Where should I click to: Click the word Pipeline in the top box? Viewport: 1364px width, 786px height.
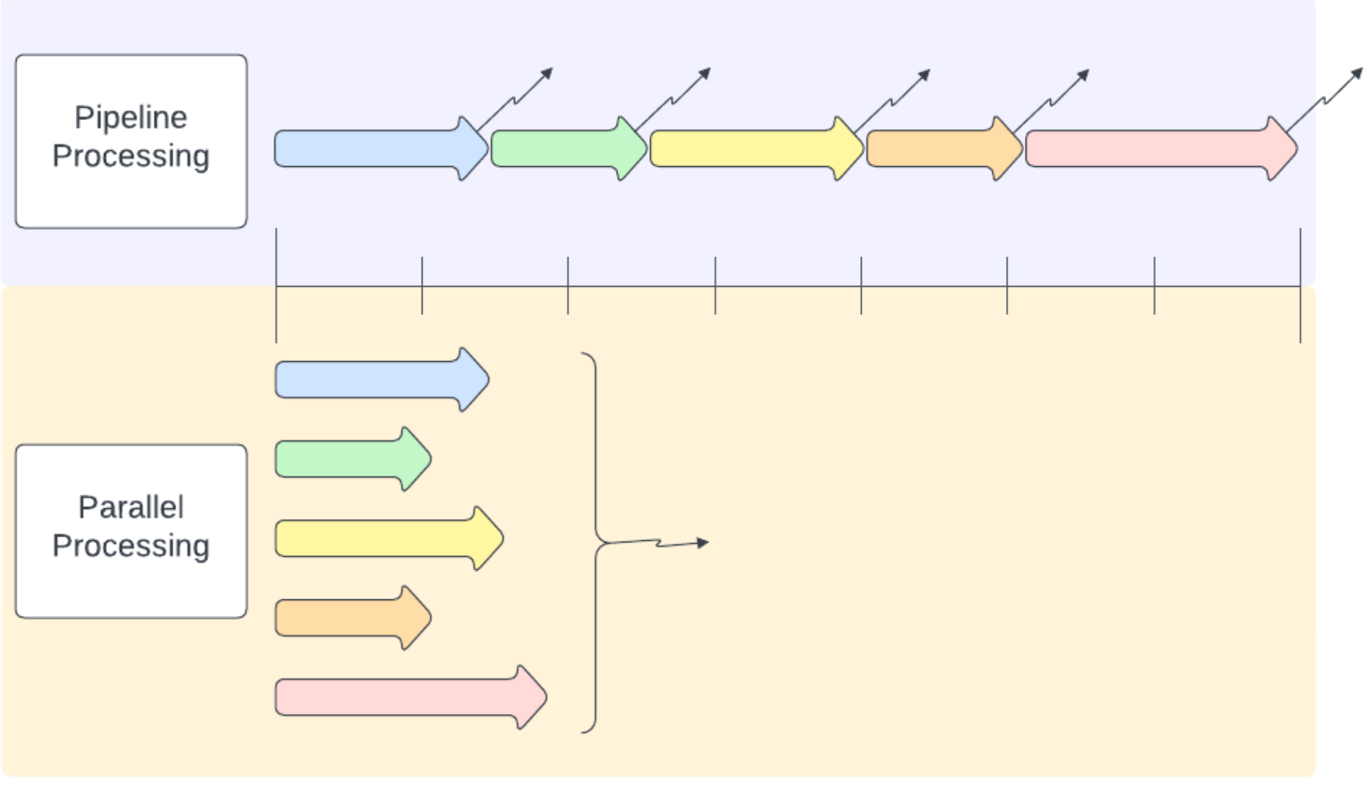pyautogui.click(x=130, y=118)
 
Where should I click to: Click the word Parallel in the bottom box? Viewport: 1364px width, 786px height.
pyautogui.click(x=130, y=508)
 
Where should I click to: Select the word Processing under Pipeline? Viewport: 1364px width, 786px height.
pyautogui.click(x=130, y=156)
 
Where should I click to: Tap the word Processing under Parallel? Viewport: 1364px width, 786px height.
pyautogui.click(x=130, y=546)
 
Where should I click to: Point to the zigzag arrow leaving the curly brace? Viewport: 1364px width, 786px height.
pyautogui.click(x=668, y=543)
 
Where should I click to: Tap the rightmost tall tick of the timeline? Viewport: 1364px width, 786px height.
pyautogui.click(x=1300, y=285)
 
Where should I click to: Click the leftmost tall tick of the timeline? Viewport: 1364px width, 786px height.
pyautogui.click(x=276, y=285)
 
